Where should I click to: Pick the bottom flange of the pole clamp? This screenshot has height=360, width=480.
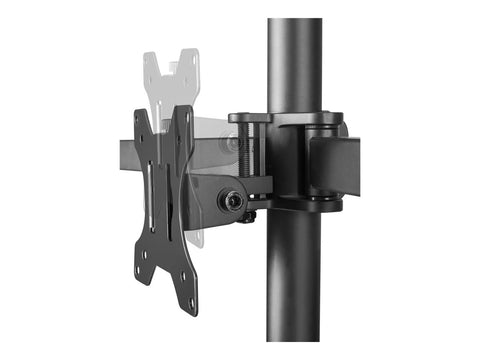310,204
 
